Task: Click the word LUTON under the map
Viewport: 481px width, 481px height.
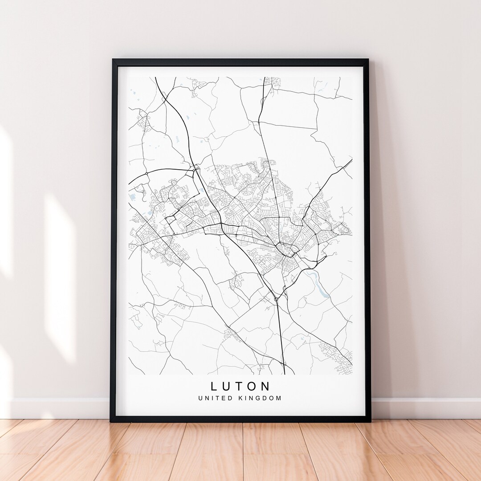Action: coord(240,386)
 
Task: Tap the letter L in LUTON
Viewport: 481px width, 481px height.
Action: coord(214,386)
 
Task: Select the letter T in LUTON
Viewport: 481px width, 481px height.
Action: coord(240,386)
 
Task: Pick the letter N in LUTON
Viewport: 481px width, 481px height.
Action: coord(266,386)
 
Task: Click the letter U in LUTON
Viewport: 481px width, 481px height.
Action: coord(227,386)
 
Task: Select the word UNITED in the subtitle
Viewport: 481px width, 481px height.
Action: coord(216,398)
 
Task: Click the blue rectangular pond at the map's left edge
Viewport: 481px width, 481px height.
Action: coord(132,196)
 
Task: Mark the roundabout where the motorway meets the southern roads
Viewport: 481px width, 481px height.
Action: coord(276,299)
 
